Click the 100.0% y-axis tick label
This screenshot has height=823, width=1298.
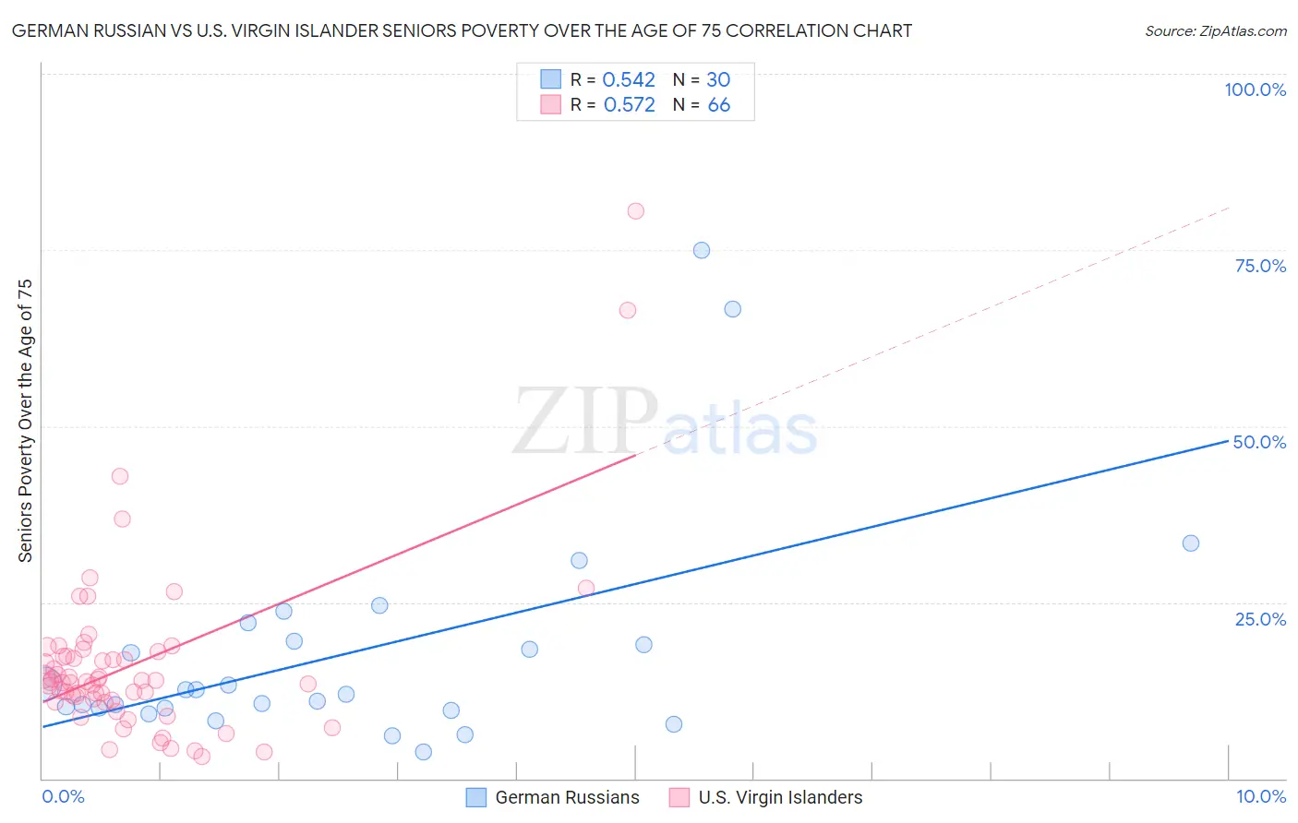point(1255,89)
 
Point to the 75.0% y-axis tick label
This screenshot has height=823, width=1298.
point(1260,266)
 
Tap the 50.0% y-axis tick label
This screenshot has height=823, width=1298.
point(1259,442)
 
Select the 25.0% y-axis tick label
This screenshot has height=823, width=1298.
point(1260,618)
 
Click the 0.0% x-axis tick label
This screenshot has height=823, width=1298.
point(63,796)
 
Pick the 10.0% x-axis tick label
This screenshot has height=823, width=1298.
point(1261,796)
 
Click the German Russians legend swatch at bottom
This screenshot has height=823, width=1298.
point(475,797)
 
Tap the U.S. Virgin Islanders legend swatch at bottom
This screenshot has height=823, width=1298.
point(679,797)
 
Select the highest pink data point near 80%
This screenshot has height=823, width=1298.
point(635,211)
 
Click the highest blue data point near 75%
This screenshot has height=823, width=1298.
point(702,250)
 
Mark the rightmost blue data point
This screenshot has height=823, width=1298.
point(1191,543)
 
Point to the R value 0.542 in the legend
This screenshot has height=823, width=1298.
point(629,80)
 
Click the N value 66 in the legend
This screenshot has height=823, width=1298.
point(719,105)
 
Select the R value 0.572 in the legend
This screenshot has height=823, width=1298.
point(629,105)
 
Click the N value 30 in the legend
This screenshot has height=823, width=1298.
point(718,80)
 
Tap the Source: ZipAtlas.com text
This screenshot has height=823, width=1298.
point(1215,31)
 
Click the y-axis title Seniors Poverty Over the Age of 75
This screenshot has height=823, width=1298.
point(25,421)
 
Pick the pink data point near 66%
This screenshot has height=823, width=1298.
point(628,310)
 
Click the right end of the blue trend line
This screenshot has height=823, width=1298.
point(1228,441)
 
